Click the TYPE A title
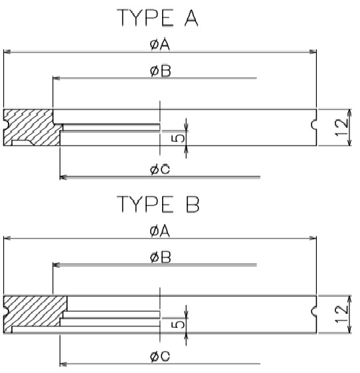click(x=157, y=18)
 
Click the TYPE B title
click(x=158, y=204)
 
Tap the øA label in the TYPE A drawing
click(x=160, y=44)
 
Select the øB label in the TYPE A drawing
click(x=161, y=71)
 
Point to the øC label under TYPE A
click(x=160, y=169)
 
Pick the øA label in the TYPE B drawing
click(x=160, y=231)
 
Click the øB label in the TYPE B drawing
click(x=161, y=258)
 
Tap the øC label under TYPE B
click(x=160, y=356)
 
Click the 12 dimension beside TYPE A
click(x=341, y=127)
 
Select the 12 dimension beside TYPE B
click(x=341, y=314)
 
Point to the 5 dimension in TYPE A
click(x=178, y=138)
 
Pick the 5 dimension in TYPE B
click(x=178, y=325)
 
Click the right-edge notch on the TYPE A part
click(x=314, y=125)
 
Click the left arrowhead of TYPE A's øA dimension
click(x=7, y=52)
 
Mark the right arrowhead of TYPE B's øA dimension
click(x=313, y=238)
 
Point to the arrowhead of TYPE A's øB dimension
click(x=56, y=78)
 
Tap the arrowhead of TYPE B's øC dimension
click(x=63, y=364)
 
